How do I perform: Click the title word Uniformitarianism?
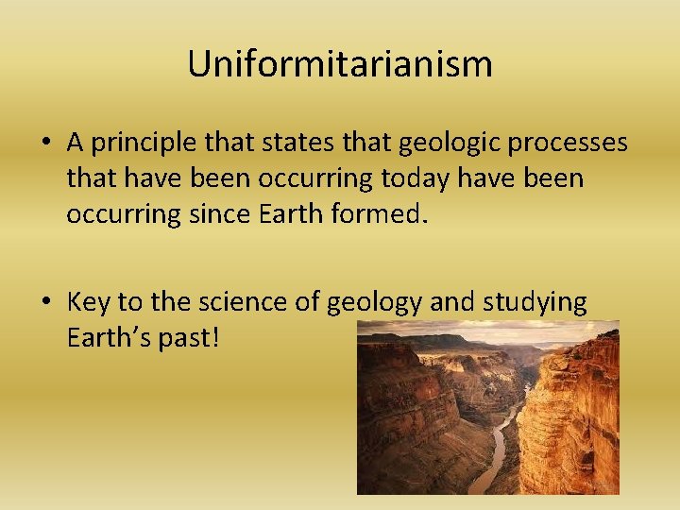[x=340, y=64]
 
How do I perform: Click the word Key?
[x=87, y=303]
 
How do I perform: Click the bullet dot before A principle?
[x=45, y=144]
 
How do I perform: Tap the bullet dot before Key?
[x=45, y=303]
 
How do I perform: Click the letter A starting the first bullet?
[x=76, y=143]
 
